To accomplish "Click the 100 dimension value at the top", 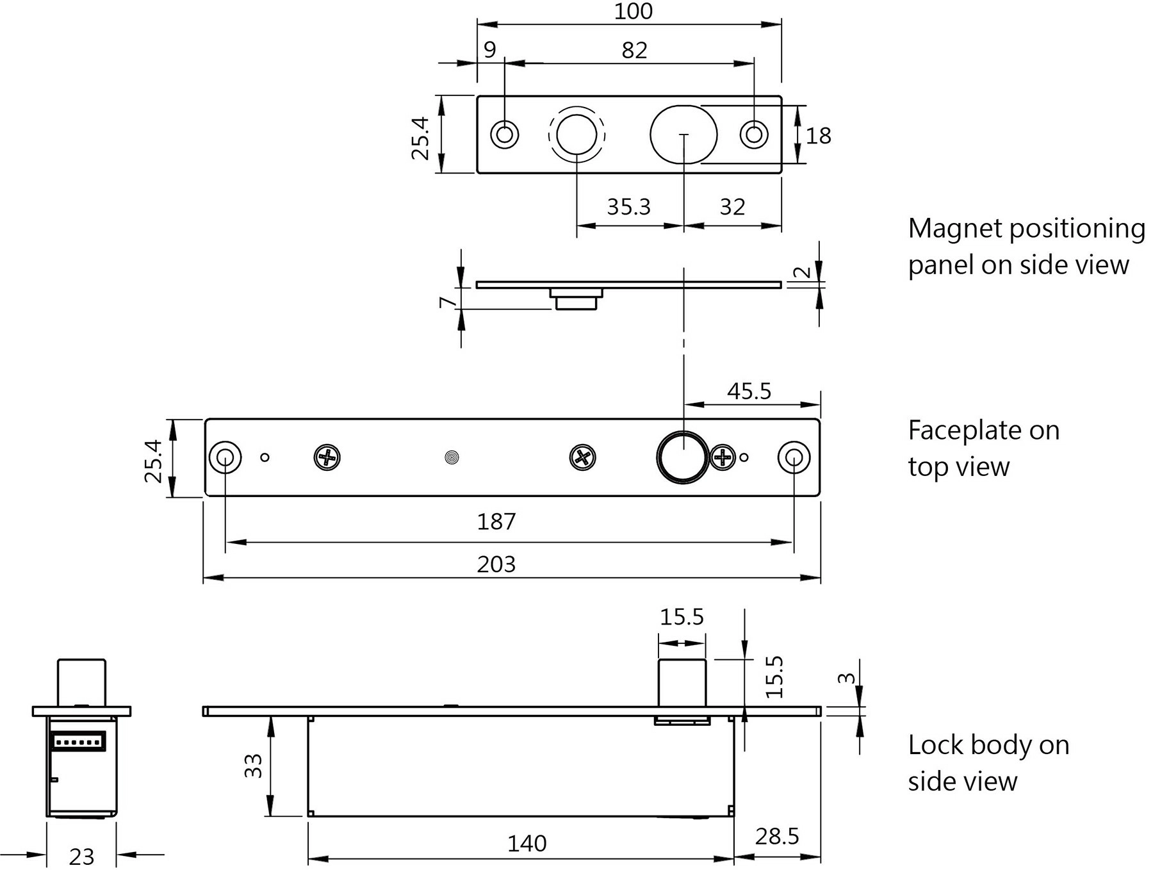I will [x=633, y=12].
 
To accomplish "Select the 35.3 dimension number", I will [x=628, y=207].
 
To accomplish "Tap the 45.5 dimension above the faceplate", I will [x=749, y=391].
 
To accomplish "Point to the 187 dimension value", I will [x=496, y=521].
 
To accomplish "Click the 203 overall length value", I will [x=496, y=564].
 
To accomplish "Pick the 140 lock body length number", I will [x=527, y=843].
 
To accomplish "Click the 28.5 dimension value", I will [x=776, y=836].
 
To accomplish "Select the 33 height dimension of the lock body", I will [x=254, y=766].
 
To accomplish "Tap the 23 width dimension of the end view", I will [x=81, y=857].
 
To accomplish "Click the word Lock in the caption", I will [x=935, y=745].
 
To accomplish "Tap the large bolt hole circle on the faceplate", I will [x=683, y=457].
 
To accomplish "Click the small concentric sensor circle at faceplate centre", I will [x=452, y=457].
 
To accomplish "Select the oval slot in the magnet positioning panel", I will [x=683, y=135].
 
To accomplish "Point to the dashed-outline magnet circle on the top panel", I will [x=576, y=135].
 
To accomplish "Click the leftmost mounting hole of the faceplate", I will [x=225, y=457].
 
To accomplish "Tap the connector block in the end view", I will [x=78, y=742].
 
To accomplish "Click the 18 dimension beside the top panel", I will [x=818, y=136].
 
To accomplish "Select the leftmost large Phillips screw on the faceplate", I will [x=327, y=457].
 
